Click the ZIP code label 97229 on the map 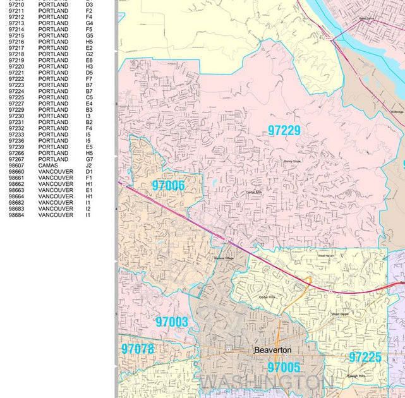(284, 131)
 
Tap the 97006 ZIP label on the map (168, 186)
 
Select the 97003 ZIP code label (172, 322)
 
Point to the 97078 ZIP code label (137, 349)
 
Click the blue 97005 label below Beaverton (284, 367)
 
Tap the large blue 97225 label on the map (365, 358)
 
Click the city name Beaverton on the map (272, 350)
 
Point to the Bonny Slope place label (293, 162)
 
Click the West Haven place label (325, 256)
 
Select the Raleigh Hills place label (357, 375)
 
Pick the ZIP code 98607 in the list (16, 166)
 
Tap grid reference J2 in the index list (88, 166)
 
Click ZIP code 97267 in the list (16, 159)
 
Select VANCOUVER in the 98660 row (56, 172)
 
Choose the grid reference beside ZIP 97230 (88, 116)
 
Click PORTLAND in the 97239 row (53, 147)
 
